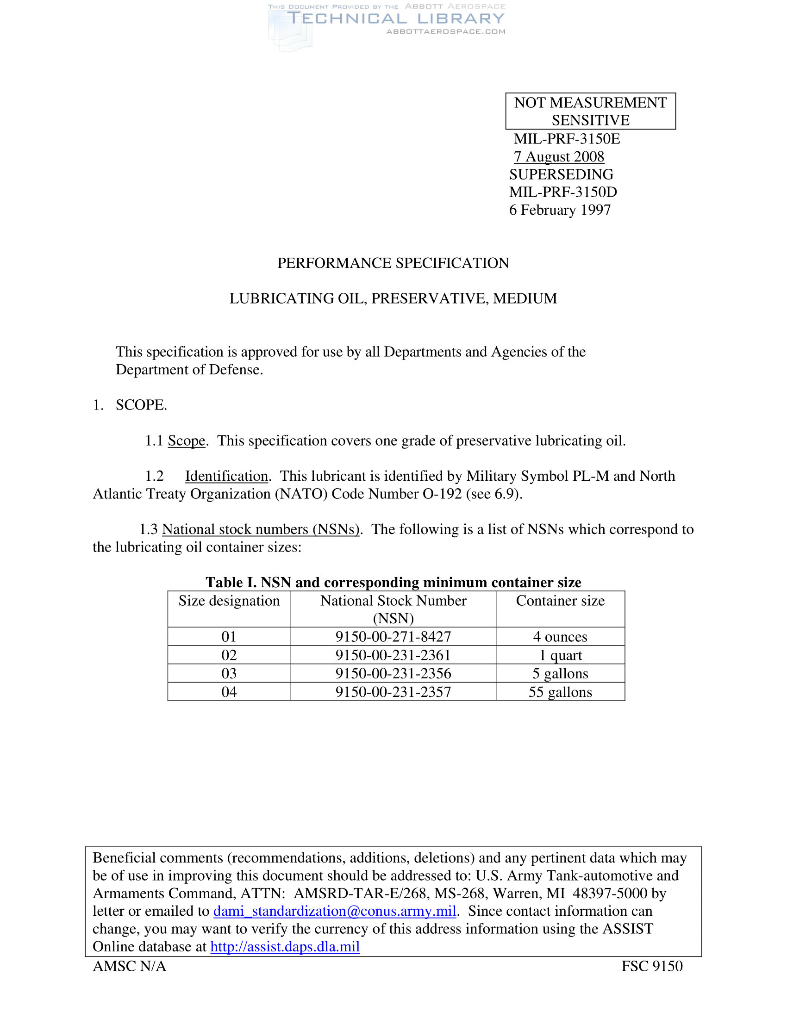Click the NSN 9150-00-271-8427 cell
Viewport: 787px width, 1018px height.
(393, 636)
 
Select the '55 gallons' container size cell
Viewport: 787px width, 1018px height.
(560, 692)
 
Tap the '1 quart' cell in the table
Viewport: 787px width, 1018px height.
(560, 655)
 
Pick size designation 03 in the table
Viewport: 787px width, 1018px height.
(229, 673)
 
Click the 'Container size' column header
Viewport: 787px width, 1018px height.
(560, 601)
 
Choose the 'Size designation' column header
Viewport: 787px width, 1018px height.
(229, 601)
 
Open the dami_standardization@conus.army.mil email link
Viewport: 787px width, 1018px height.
(334, 911)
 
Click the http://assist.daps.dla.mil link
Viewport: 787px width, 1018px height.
(285, 946)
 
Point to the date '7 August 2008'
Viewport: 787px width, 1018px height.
(559, 156)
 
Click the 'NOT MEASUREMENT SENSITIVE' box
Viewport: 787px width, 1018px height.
(590, 111)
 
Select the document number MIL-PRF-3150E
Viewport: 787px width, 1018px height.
(567, 139)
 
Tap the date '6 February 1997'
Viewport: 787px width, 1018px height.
(560, 210)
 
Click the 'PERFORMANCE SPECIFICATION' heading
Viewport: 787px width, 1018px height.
(393, 263)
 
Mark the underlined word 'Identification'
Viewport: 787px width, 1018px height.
(226, 476)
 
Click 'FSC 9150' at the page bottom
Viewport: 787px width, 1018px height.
(652, 966)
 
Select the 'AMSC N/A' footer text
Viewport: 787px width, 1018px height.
(130, 966)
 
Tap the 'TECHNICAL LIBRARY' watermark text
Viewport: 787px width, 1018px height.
(395, 19)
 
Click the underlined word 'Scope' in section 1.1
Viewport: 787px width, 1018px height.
(186, 441)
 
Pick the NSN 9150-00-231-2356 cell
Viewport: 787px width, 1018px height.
(393, 673)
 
